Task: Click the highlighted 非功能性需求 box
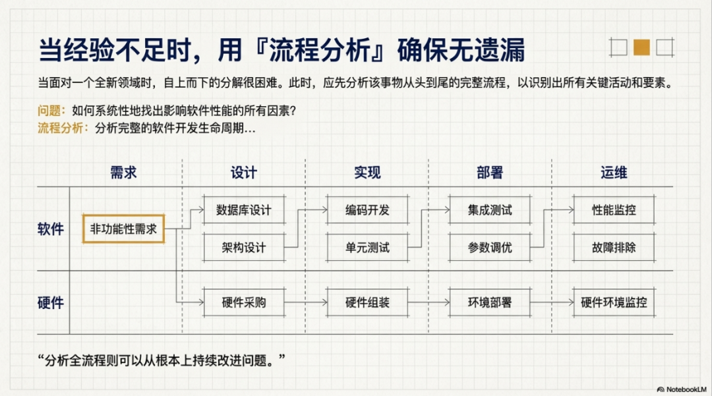pos(123,229)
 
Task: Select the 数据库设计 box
pos(244,210)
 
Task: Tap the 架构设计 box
pos(244,248)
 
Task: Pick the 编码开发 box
pos(367,210)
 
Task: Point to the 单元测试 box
pos(367,248)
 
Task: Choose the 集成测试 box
pos(490,210)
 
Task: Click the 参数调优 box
pos(490,248)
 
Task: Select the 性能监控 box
pos(614,210)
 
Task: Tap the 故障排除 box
pos(614,248)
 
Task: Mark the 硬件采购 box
pos(244,302)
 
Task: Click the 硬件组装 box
pos(367,302)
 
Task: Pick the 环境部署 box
pos(490,302)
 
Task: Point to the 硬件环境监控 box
pos(614,302)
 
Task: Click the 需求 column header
pos(123,173)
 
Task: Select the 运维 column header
pos(614,173)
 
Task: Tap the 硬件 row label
pos(51,302)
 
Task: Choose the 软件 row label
pos(51,229)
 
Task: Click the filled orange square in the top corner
pos(641,47)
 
